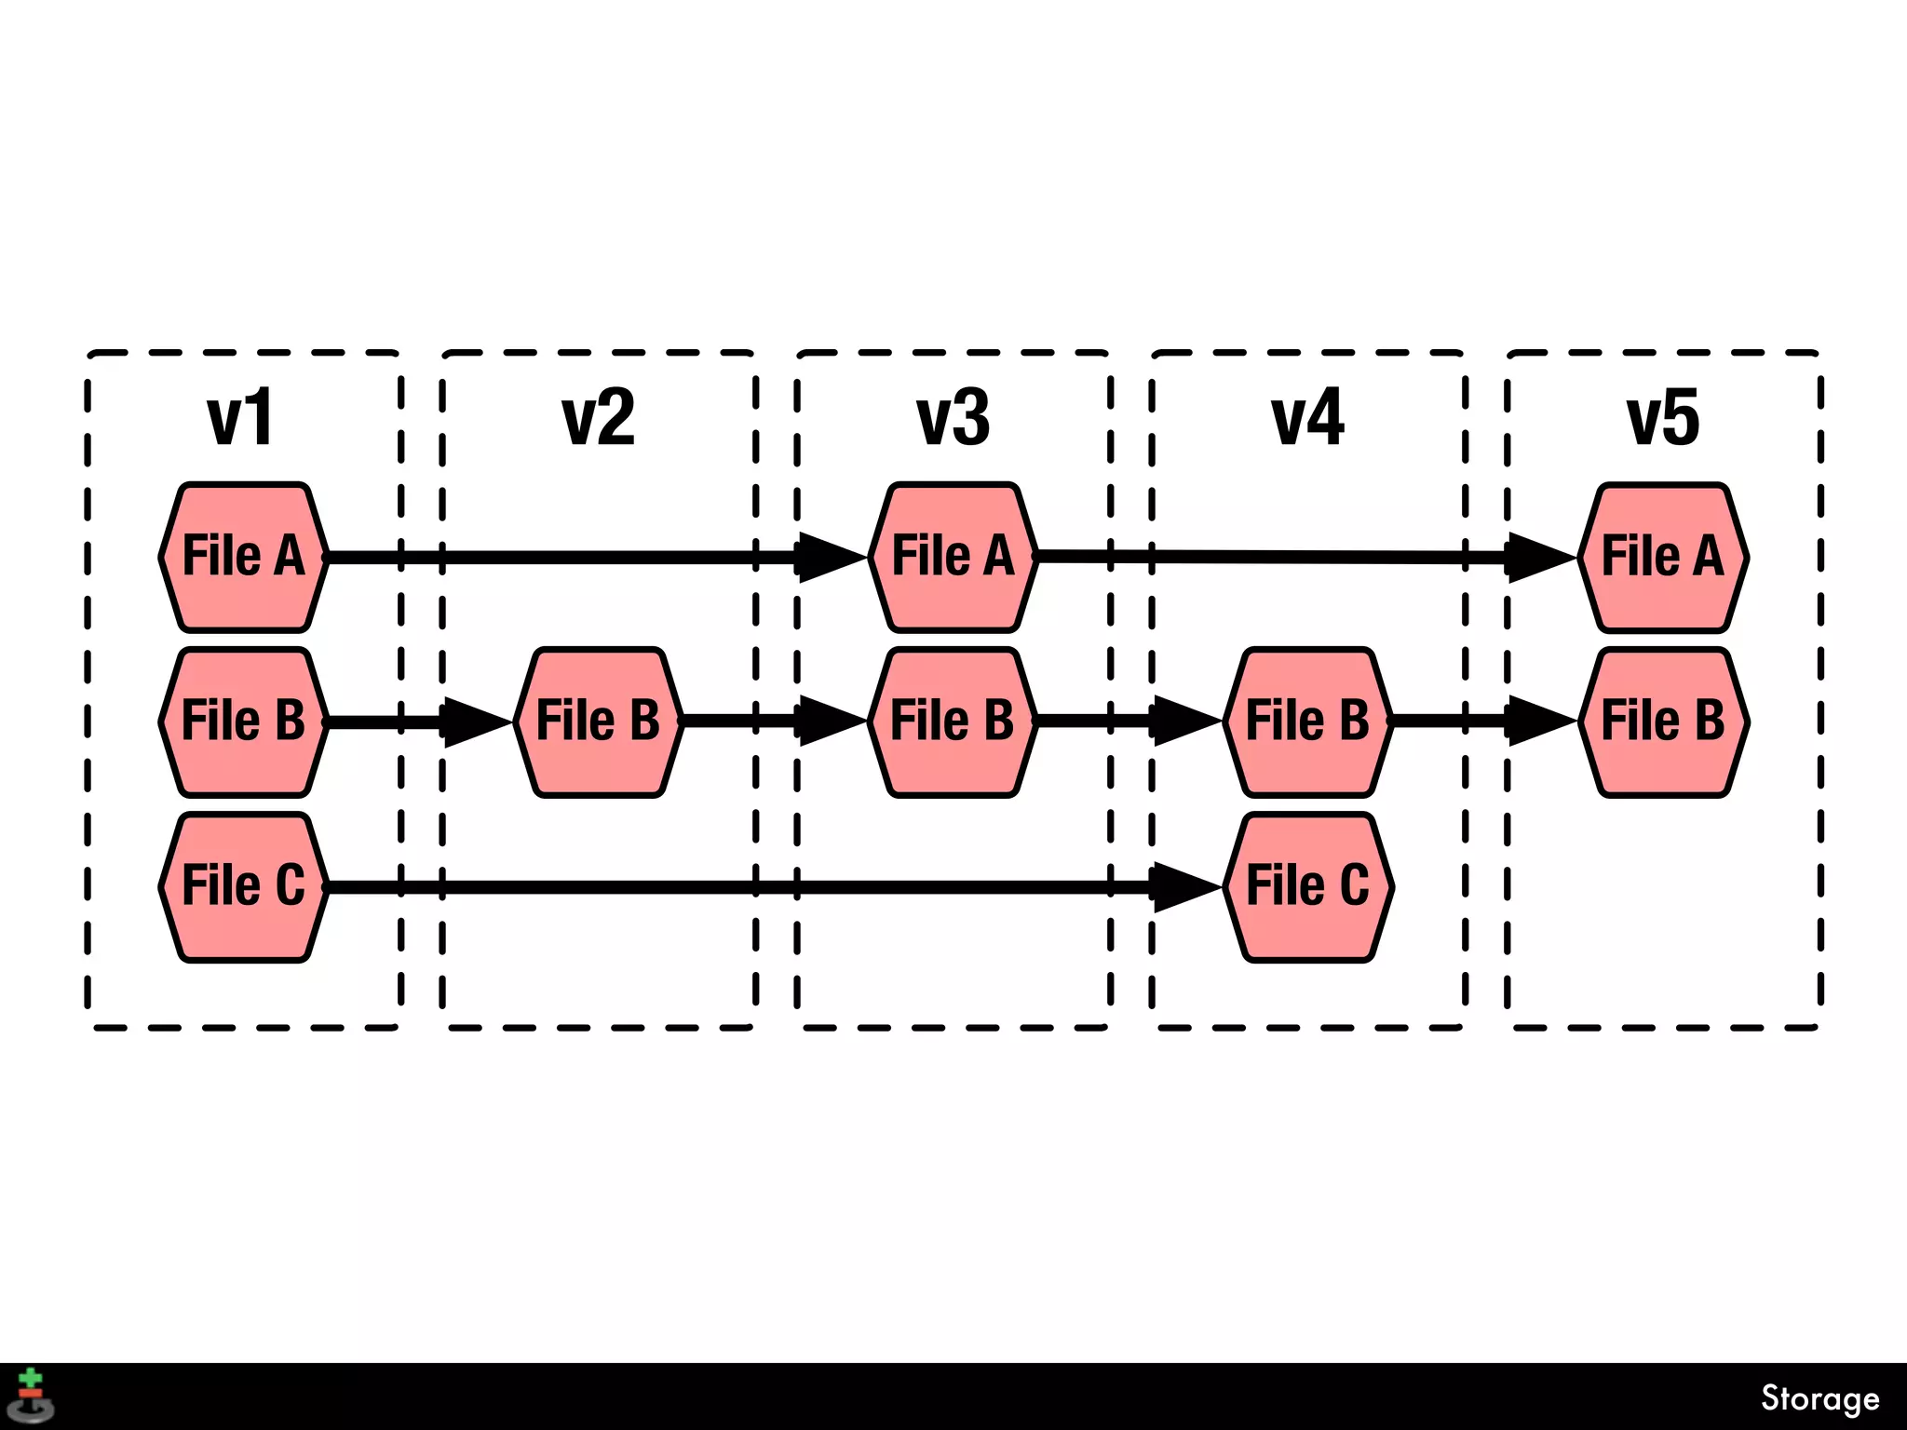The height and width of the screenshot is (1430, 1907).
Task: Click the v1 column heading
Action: click(x=240, y=419)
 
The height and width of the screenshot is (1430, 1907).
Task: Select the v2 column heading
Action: click(x=598, y=419)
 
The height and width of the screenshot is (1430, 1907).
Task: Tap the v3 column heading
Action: click(x=953, y=419)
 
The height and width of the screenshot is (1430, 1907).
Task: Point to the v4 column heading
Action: click(x=1307, y=419)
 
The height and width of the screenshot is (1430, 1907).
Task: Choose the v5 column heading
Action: click(x=1663, y=419)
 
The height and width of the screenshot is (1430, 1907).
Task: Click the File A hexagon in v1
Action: click(x=243, y=557)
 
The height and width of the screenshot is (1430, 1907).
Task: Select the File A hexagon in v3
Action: click(x=953, y=557)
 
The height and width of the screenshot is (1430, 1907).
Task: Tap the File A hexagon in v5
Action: click(x=1663, y=557)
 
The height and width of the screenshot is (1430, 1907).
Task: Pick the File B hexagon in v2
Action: click(x=598, y=722)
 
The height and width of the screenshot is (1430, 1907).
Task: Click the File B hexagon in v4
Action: click(x=1307, y=722)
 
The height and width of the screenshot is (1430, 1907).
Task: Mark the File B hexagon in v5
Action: click(x=1663, y=722)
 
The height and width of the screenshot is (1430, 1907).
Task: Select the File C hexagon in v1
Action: click(x=243, y=886)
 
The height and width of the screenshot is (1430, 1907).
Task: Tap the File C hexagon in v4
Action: click(x=1307, y=886)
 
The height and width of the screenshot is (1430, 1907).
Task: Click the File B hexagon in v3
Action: click(x=953, y=722)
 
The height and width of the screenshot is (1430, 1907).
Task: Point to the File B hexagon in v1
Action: click(x=243, y=722)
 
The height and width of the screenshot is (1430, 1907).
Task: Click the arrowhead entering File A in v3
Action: click(x=829, y=557)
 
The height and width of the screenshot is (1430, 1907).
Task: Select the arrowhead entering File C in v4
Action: click(x=1183, y=886)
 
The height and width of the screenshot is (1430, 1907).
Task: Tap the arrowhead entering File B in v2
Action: click(x=474, y=722)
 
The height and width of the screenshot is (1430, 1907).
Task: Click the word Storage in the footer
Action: click(x=1819, y=1397)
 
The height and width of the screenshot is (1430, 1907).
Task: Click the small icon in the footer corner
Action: click(x=32, y=1396)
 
